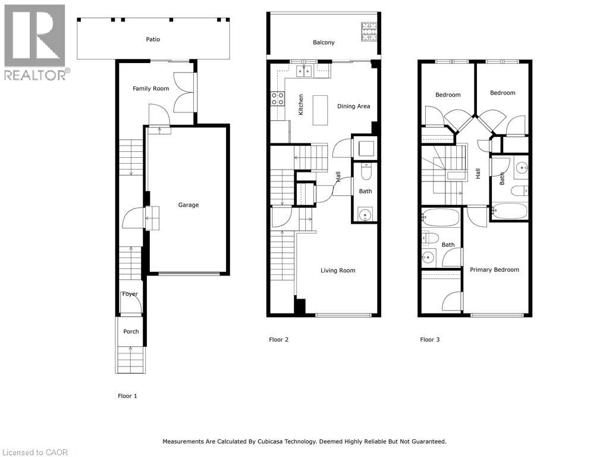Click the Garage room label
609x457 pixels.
click(189, 205)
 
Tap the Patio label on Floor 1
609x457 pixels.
click(153, 40)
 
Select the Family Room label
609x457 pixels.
click(150, 89)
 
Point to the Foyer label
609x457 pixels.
click(130, 294)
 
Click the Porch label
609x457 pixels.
click(131, 331)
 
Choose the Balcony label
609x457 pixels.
click(324, 43)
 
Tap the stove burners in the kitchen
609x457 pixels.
click(278, 98)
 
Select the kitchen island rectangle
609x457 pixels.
click(321, 110)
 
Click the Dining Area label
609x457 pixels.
click(354, 107)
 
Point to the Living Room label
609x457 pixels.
click(338, 271)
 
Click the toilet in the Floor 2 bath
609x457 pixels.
click(366, 171)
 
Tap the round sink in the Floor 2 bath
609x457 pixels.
click(365, 214)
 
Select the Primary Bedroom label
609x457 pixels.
click(494, 270)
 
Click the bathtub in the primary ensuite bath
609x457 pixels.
click(441, 218)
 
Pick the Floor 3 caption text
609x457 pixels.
click(430, 340)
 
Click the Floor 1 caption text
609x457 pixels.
click(127, 396)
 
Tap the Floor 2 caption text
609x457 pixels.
click(278, 340)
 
